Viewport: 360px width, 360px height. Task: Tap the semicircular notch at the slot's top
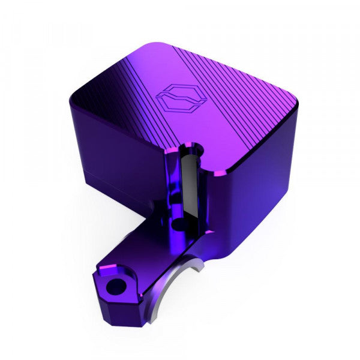[x=191, y=147]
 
